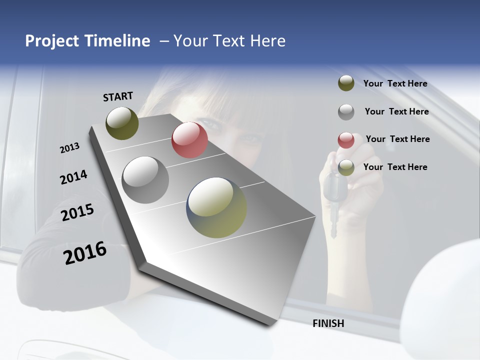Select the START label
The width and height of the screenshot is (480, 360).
118,96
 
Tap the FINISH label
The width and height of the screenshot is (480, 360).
328,323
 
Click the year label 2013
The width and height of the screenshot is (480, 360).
69,148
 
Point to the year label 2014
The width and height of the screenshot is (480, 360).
73,177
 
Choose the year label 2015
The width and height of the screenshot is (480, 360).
77,212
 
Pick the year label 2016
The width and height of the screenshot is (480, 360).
85,253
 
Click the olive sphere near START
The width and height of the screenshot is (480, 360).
122,123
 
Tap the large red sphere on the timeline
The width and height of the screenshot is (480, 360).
189,140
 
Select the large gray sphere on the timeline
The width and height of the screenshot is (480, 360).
145,179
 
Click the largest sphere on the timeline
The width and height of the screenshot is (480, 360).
216,207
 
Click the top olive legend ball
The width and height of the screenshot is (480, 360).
346,83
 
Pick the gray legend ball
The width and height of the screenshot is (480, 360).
346,111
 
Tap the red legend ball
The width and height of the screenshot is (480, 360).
346,139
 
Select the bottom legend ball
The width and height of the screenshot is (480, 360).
346,167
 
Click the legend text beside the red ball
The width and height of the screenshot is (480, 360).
397,139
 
